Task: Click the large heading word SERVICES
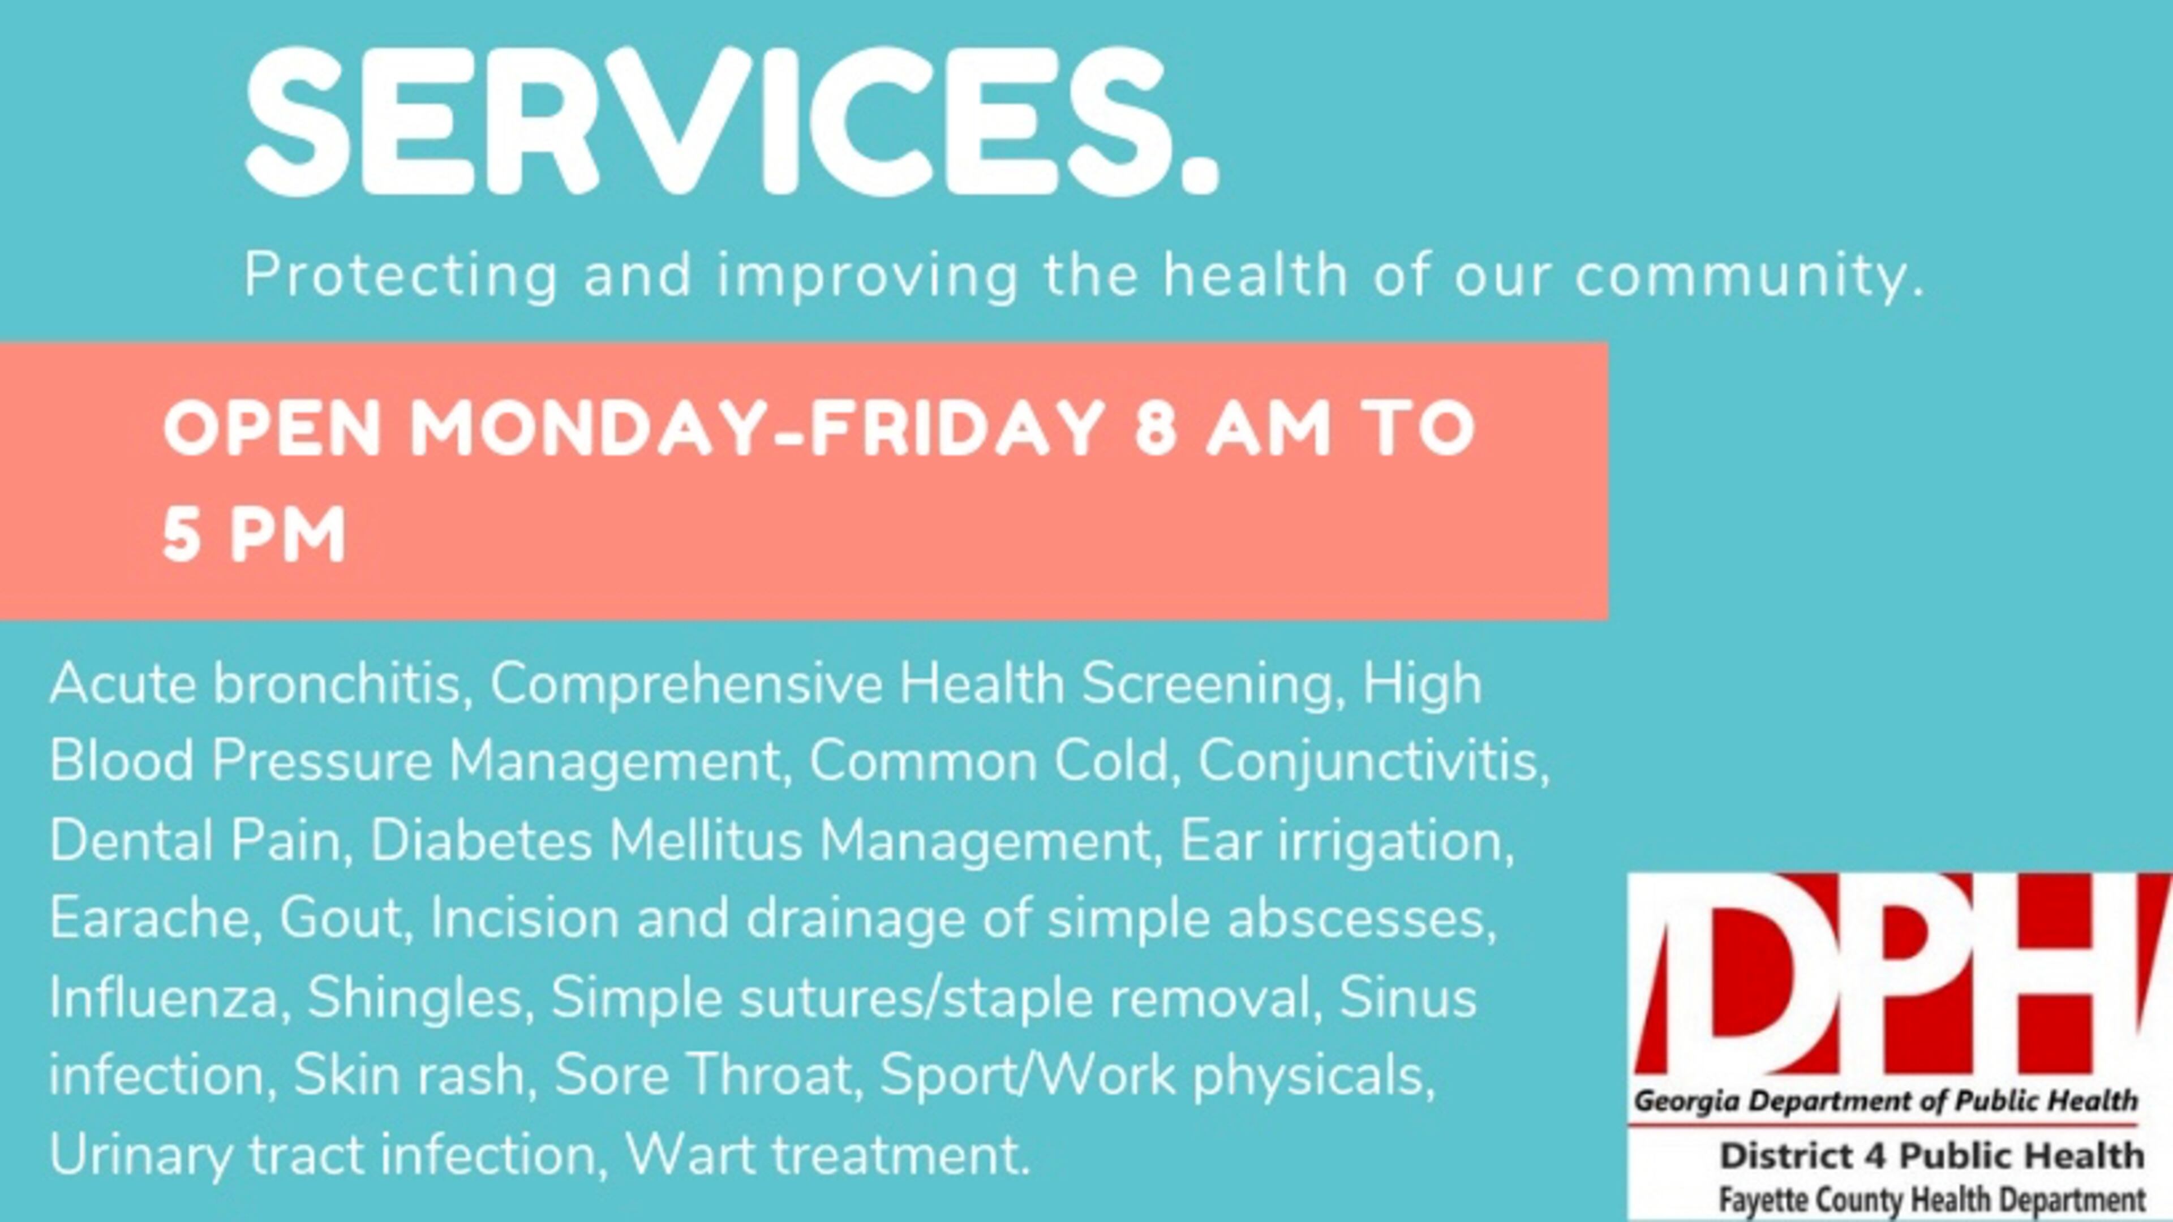pyautogui.click(x=731, y=121)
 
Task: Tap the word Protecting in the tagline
pyautogui.click(x=401, y=276)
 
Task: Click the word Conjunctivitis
pyautogui.click(x=1372, y=761)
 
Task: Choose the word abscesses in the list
pyautogui.click(x=1360, y=918)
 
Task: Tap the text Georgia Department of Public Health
pyautogui.click(x=1886, y=1100)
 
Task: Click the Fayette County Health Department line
pyautogui.click(x=1932, y=1198)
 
